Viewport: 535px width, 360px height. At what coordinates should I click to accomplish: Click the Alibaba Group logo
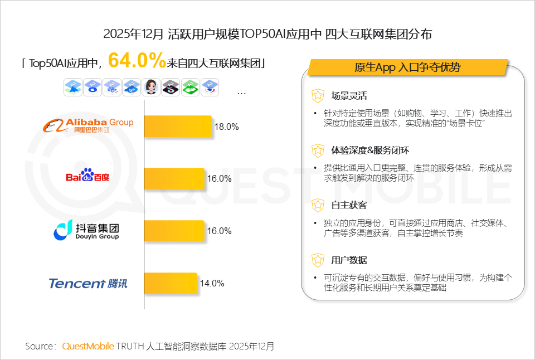pyautogui.click(x=89, y=125)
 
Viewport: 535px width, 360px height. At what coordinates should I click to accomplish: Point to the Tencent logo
pyautogui.click(x=88, y=283)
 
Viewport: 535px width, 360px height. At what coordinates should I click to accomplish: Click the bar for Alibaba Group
pyautogui.click(x=178, y=126)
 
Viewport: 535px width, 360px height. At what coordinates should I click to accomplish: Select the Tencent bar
pyautogui.click(x=171, y=283)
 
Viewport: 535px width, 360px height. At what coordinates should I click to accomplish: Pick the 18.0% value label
pyautogui.click(x=227, y=127)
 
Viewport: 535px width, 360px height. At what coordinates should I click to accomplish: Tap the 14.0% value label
pyautogui.click(x=212, y=283)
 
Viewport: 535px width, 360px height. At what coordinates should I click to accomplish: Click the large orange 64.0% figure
pyautogui.click(x=137, y=60)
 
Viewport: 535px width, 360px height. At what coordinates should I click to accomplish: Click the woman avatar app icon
pyautogui.click(x=150, y=86)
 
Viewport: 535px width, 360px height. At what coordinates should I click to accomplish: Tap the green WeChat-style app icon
pyautogui.click(x=190, y=86)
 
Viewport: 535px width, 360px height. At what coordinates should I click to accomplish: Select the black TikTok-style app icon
pyautogui.click(x=170, y=86)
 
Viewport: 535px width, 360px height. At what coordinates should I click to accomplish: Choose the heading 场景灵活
pyautogui.click(x=349, y=96)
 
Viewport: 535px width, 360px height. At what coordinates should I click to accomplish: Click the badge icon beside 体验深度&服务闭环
pyautogui.click(x=318, y=150)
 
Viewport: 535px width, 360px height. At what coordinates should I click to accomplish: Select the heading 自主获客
pyautogui.click(x=349, y=205)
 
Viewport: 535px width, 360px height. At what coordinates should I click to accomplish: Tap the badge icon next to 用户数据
pyautogui.click(x=318, y=260)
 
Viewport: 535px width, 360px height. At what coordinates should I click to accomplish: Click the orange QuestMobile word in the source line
pyautogui.click(x=88, y=346)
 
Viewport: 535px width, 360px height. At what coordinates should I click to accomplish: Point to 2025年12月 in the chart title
pyautogui.click(x=134, y=34)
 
